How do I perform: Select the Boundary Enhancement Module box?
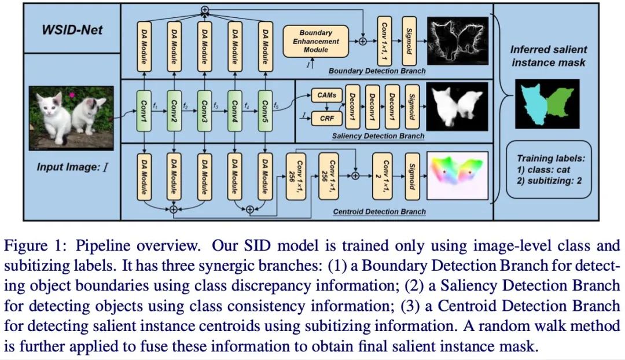click(316, 41)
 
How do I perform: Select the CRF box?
click(327, 119)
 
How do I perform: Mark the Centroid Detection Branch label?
click(380, 212)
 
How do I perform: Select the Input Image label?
click(73, 168)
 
